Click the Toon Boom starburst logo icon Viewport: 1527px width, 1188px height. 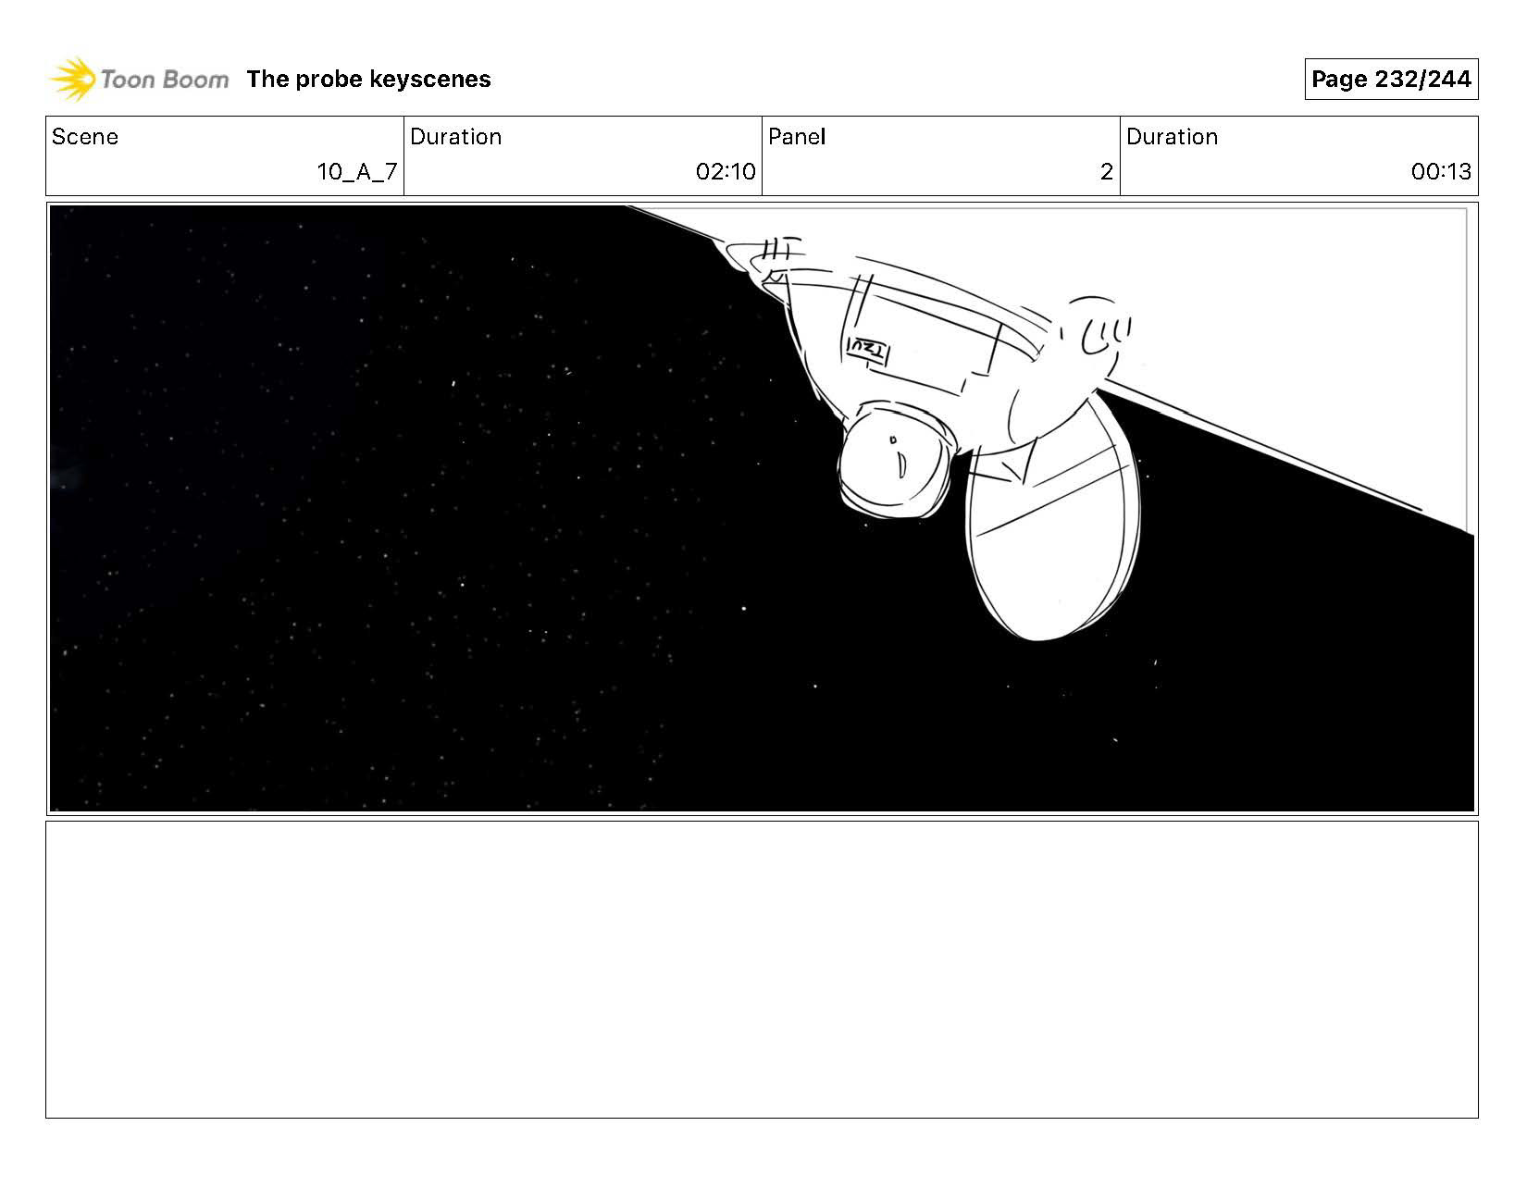point(72,79)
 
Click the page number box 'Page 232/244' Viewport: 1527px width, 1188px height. point(1391,79)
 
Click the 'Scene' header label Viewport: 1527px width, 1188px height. point(85,136)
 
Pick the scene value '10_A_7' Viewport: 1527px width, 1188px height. point(357,171)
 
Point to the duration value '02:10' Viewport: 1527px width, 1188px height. point(726,171)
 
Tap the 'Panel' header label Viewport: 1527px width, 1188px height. point(796,136)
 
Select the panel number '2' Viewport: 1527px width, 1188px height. point(1106,171)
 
